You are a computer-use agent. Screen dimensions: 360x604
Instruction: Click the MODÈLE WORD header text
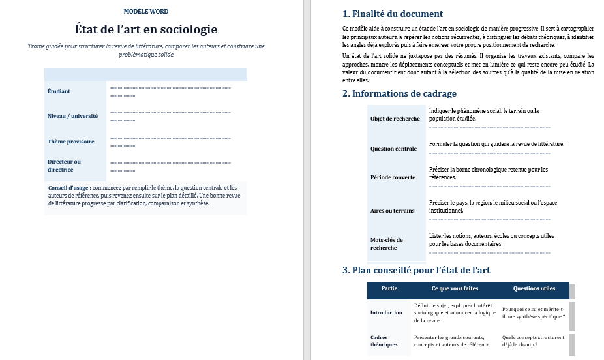145,12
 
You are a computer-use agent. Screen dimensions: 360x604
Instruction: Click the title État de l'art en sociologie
146,29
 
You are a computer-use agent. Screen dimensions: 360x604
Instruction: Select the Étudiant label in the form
59,91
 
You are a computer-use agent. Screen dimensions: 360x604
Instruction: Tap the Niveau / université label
72,116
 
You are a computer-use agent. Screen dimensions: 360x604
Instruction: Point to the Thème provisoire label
70,142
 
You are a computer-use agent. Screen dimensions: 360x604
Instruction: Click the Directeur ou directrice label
64,166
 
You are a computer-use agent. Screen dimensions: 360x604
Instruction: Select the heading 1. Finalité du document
393,14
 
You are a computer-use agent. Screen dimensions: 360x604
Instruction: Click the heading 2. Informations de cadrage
399,93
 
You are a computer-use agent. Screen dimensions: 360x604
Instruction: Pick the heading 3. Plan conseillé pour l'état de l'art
416,270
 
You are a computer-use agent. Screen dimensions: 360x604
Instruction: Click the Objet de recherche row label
395,119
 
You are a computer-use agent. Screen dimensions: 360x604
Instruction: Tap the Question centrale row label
393,149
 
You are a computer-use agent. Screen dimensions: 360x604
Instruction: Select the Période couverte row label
393,177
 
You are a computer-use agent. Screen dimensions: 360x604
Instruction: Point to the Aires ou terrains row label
392,211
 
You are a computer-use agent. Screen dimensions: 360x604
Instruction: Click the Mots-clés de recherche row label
387,244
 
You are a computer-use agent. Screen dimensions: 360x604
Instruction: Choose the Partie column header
389,288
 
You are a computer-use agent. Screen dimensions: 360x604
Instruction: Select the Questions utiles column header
534,288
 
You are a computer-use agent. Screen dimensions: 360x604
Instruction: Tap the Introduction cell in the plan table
386,312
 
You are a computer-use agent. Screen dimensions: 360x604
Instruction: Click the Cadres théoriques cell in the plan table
384,341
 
